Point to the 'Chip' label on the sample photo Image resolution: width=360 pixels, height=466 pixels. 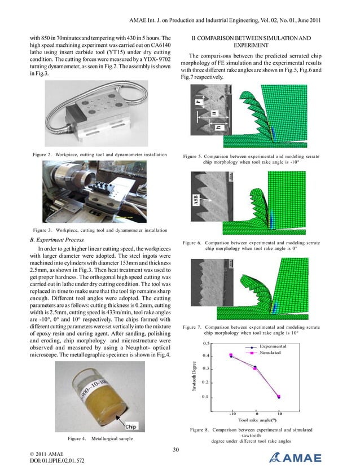point(130,426)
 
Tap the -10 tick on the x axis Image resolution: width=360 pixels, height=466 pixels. point(232,413)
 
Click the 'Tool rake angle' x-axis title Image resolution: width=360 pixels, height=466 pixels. point(257,420)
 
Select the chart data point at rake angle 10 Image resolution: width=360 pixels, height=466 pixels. point(279,397)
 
